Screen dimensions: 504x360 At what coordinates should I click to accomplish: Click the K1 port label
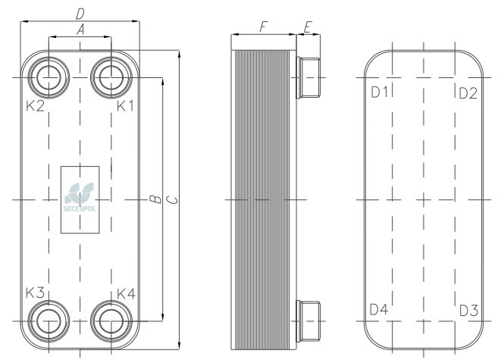coord(125,106)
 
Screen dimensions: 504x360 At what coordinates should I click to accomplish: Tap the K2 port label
coord(35,106)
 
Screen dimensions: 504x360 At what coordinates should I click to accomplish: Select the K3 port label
coord(35,293)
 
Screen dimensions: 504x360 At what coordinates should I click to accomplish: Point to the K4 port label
coord(127,294)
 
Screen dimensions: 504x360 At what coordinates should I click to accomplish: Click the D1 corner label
coord(380,92)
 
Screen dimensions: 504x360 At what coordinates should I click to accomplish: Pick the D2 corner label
coord(468,93)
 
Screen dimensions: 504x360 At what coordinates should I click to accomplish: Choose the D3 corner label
coord(469,311)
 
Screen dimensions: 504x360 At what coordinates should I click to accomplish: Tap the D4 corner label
coord(379,309)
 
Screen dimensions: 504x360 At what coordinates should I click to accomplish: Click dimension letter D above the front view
coord(80,14)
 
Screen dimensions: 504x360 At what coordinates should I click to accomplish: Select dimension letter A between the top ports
coord(80,30)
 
